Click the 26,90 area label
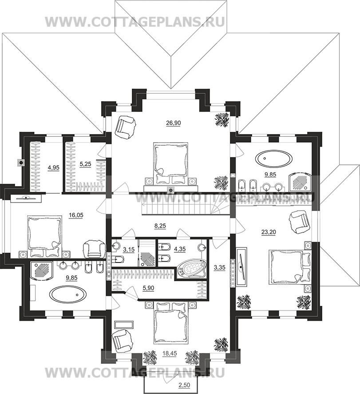coord(173,123)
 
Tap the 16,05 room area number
coord(76,215)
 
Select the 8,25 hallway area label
coord(160,226)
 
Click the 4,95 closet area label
coord(54,168)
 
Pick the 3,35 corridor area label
coord(219,267)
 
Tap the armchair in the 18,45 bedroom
coord(121,341)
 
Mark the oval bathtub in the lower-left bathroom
coord(68,294)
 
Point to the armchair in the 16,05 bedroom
coord(94,249)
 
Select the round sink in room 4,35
coord(202,247)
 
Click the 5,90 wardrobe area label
coord(148,288)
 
